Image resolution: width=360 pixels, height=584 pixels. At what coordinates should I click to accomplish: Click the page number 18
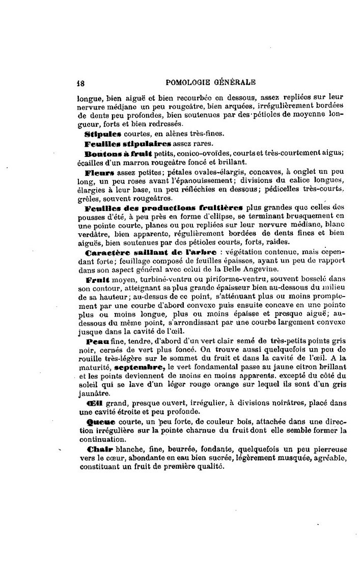(x=80, y=82)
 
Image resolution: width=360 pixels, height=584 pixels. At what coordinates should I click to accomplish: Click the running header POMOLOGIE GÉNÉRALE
(x=211, y=82)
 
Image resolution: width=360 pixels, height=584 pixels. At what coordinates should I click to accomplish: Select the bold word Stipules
(x=102, y=135)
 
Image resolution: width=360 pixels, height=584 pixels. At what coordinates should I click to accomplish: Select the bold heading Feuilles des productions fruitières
(x=164, y=208)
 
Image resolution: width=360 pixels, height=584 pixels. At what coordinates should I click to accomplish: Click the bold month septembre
(x=139, y=367)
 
